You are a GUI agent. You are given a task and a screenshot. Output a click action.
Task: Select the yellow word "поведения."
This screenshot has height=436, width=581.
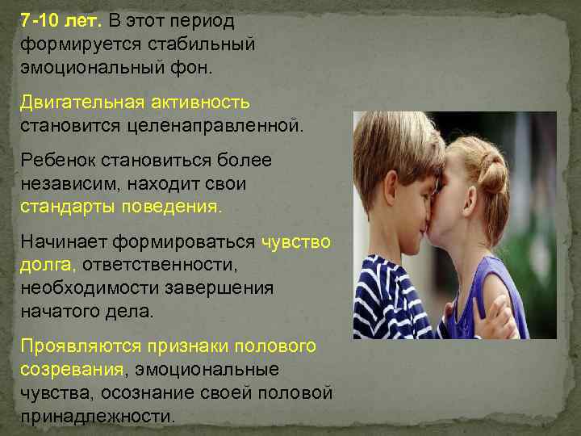(x=170, y=208)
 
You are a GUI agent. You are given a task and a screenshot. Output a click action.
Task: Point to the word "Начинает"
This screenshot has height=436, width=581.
(x=64, y=241)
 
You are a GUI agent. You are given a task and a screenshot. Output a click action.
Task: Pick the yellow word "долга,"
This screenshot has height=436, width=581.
(x=48, y=264)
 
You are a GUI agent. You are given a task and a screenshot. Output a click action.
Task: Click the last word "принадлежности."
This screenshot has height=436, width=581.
(x=98, y=417)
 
